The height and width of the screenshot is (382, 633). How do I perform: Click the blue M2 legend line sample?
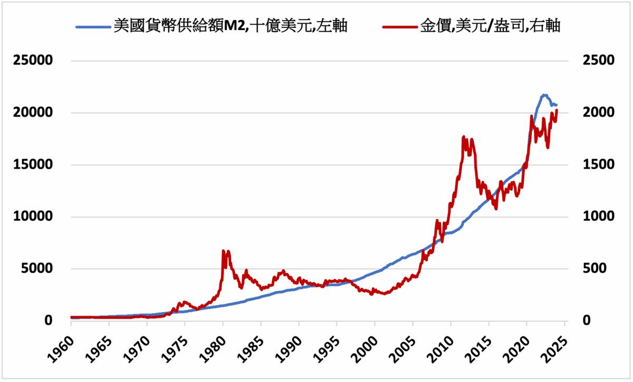click(93, 26)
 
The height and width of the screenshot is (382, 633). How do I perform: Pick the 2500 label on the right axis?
click(598, 61)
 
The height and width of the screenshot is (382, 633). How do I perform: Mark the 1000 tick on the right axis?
click(598, 217)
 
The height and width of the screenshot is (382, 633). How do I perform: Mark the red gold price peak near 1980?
click(224, 251)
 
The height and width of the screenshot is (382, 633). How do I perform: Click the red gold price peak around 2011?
click(464, 136)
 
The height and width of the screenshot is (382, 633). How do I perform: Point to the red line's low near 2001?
click(384, 294)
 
